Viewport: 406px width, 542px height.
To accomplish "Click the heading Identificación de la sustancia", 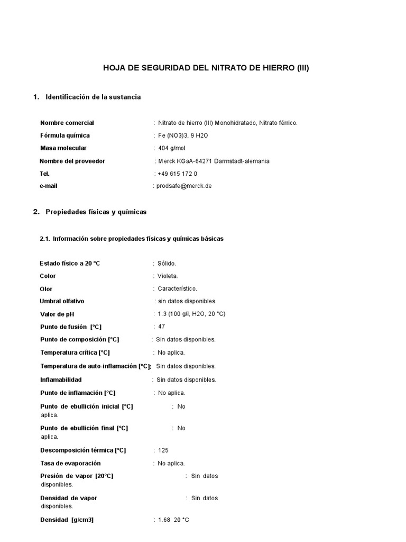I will [93, 97].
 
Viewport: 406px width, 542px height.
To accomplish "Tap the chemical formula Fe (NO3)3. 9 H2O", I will [183, 135].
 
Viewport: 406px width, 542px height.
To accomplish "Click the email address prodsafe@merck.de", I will [183, 186].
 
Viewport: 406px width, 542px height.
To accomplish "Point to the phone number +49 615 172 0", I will [177, 174].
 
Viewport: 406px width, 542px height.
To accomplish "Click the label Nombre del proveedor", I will [72, 161].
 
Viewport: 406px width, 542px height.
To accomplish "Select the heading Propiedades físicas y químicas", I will [96, 212].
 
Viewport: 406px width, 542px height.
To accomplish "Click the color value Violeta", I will [168, 276].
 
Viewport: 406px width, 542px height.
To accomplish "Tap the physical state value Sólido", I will [167, 263].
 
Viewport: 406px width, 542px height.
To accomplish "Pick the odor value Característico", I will [177, 288].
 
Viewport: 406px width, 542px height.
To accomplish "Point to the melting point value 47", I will [161, 327].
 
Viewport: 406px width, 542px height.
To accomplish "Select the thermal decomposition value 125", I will [163, 450].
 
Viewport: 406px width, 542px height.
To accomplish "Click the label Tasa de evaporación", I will [70, 463].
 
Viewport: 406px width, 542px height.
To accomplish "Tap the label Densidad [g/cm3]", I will [67, 520].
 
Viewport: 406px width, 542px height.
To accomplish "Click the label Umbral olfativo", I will [62, 301].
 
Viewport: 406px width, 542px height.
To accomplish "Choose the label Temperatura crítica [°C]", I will [75, 353].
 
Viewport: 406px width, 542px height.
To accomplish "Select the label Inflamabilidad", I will [61, 380].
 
